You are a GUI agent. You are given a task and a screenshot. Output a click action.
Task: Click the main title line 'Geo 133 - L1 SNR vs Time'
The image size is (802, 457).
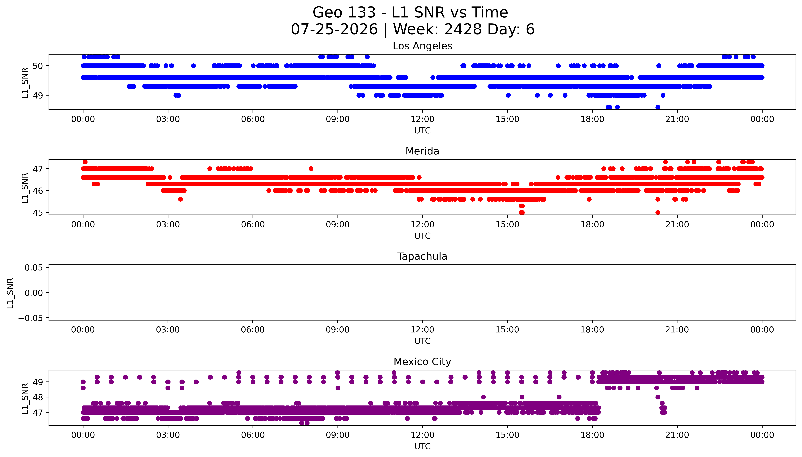(x=410, y=13)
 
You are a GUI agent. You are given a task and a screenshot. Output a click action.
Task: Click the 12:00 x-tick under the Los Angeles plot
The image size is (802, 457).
(x=422, y=119)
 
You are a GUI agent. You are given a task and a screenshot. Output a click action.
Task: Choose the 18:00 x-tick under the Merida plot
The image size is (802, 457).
(x=592, y=224)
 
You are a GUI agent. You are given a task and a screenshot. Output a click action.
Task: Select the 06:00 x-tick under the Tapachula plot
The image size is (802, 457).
(x=253, y=330)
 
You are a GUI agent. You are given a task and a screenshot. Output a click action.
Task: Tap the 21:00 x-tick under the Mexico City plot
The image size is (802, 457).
(x=677, y=435)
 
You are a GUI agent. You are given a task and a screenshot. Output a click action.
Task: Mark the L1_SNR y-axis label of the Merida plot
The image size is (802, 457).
(x=25, y=188)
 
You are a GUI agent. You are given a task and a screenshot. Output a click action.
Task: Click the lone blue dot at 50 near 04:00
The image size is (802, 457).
(x=194, y=66)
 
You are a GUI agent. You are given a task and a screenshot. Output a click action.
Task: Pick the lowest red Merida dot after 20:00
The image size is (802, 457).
(x=658, y=212)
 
